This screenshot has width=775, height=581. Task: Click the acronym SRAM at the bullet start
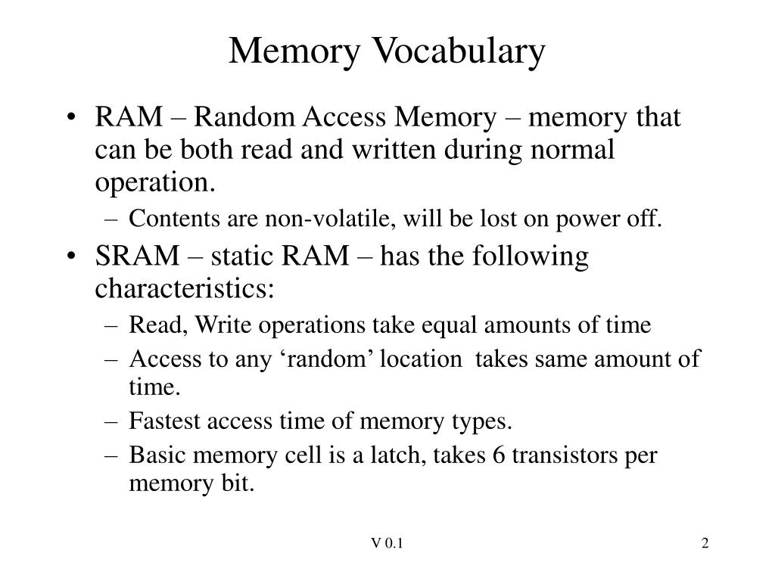click(137, 256)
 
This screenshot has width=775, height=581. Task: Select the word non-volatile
click(330, 219)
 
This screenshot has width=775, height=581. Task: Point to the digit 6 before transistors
click(499, 455)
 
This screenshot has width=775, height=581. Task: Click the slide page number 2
click(705, 543)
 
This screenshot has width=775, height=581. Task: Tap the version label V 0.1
click(387, 543)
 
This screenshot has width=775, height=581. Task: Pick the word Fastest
click(164, 421)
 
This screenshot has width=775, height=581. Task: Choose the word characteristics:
click(185, 288)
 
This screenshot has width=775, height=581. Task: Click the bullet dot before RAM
click(72, 118)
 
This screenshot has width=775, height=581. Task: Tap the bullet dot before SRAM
click(72, 256)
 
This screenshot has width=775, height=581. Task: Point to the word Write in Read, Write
click(223, 325)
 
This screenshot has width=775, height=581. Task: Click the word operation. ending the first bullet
click(155, 183)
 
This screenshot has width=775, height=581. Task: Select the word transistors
click(565, 455)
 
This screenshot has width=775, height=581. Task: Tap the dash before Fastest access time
click(112, 422)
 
